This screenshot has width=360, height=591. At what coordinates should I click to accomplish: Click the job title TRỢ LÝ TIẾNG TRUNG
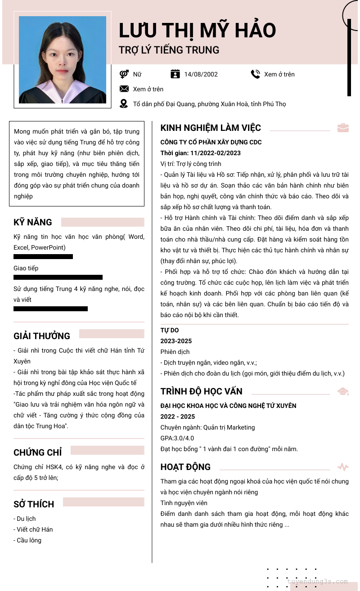[x=169, y=50]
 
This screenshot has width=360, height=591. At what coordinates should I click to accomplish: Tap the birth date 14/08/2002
[x=201, y=74]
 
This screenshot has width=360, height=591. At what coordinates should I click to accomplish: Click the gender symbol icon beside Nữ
[x=124, y=74]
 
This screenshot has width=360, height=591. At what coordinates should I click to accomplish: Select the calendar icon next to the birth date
[x=175, y=74]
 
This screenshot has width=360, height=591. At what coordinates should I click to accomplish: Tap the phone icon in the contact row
[x=255, y=74]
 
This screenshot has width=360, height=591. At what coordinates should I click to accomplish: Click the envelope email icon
[x=124, y=89]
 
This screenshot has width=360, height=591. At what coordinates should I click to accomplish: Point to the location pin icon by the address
[x=124, y=104]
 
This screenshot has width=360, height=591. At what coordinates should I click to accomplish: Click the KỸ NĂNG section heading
[x=33, y=222]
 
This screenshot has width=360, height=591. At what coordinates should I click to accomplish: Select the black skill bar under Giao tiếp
[x=58, y=278]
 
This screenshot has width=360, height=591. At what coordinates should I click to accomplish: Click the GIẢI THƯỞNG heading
[x=42, y=336]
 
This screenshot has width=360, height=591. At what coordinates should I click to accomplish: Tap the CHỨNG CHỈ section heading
[x=38, y=452]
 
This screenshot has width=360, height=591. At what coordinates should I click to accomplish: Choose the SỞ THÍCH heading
[x=34, y=504]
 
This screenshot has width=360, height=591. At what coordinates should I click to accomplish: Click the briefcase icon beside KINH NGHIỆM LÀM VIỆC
[x=343, y=128]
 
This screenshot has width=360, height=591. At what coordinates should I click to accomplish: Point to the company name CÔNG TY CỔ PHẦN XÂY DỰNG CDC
[x=211, y=142]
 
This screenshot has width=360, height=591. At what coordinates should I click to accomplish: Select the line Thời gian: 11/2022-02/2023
[x=201, y=153]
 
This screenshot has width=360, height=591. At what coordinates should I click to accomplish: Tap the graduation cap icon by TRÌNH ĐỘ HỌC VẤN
[x=343, y=391]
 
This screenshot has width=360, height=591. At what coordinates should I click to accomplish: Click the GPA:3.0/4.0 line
[x=177, y=438]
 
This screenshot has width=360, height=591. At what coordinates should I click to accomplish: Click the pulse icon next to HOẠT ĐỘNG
[x=343, y=467]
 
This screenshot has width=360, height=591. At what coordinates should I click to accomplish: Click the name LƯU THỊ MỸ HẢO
[x=197, y=31]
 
